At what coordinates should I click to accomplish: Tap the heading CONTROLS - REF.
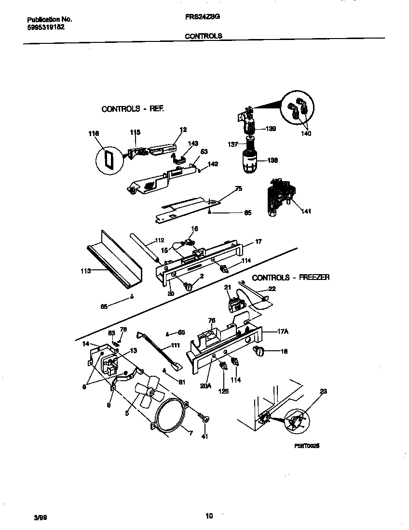point(133,109)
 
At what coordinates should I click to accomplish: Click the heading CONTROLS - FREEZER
point(291,278)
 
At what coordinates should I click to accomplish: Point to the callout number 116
point(94,133)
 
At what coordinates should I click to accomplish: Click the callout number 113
point(85,271)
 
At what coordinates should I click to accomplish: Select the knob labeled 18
point(259,353)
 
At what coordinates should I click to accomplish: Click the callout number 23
point(323,391)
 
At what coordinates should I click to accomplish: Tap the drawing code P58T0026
point(307,446)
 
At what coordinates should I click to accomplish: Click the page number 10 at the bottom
point(209,516)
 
